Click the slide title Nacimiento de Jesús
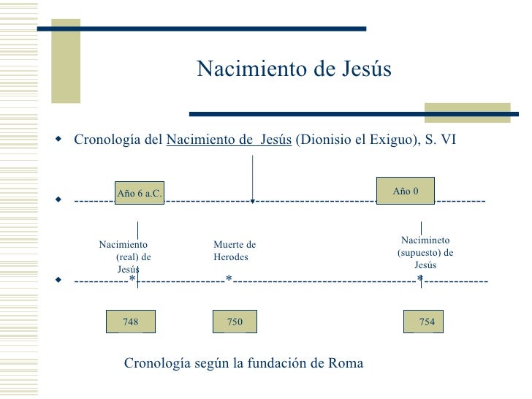294,69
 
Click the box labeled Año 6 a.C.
139,193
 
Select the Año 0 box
406,191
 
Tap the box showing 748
131,322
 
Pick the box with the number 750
235,322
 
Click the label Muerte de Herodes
235,251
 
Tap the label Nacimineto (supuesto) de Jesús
425,252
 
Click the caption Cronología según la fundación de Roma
243,363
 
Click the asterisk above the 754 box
419,279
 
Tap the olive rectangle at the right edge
468,111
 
